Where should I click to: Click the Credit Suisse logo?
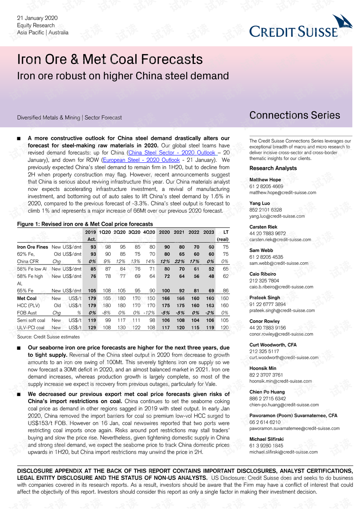pos(300,28)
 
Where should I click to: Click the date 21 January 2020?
pos(37,18)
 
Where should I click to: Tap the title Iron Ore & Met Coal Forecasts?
pos(110,59)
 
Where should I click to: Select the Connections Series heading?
pos(295,115)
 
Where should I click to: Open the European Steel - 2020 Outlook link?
pos(141,160)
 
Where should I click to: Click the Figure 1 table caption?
pos(85,224)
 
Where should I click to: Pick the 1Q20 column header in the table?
pos(105,232)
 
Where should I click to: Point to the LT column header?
pos(226,232)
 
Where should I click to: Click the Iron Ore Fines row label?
pos(33,247)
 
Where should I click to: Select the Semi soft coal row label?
pos(31,320)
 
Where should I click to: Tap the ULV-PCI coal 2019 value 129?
pos(92,327)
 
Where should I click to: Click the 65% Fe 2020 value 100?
pos(165,291)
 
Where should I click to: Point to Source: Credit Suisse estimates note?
pos(48,337)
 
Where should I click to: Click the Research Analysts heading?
pos(273,168)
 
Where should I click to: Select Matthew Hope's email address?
pos(283,192)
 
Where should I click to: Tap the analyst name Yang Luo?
pos(259,203)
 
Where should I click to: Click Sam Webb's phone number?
pos(266,257)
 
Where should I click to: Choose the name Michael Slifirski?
pos(266,439)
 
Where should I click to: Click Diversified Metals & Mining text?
pos(49,118)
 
